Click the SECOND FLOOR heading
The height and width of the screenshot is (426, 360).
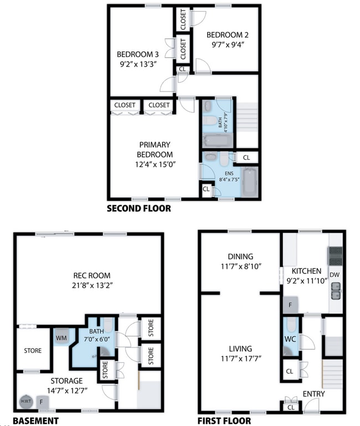coord(138,209)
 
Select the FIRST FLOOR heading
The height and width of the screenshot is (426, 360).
coord(224,420)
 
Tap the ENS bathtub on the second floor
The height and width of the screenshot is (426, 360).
coord(250,182)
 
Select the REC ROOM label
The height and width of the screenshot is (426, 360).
coord(91,275)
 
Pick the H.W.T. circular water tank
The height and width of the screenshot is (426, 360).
coord(25,401)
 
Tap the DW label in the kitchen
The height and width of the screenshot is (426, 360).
coord(335,274)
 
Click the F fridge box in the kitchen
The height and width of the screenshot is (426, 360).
coord(291,305)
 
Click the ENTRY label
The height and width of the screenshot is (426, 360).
coord(313,393)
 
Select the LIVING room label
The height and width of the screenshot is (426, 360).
coord(240,349)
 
